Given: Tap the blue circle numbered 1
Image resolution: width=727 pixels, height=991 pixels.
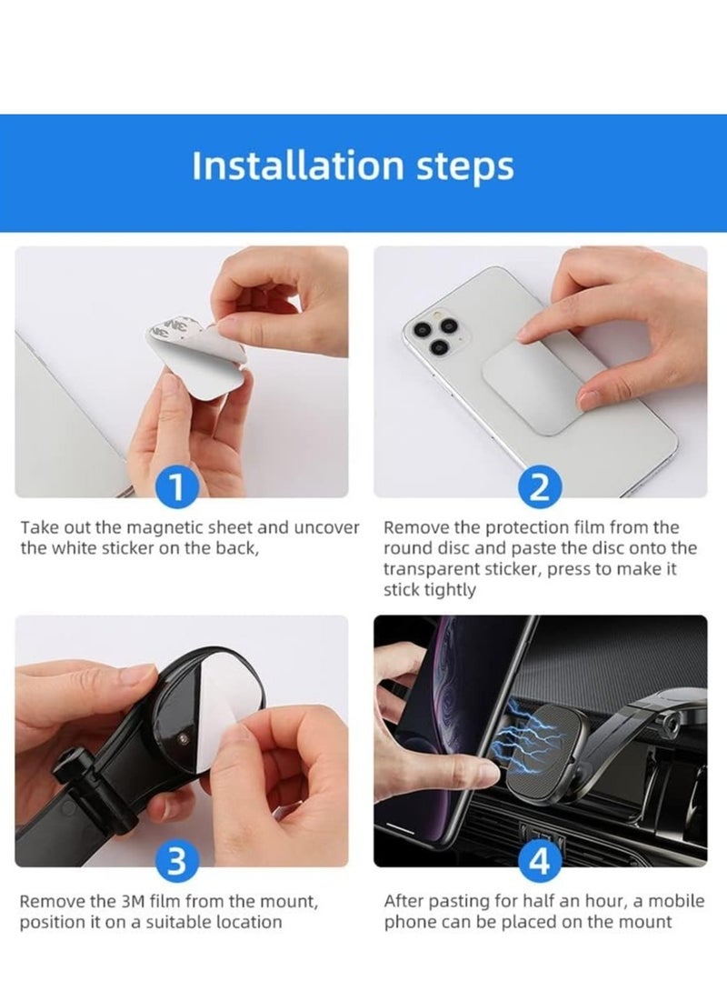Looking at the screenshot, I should [178, 487].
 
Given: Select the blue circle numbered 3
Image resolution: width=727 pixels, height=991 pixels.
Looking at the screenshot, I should [178, 859].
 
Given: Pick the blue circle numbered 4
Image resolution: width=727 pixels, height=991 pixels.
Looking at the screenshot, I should [540, 859].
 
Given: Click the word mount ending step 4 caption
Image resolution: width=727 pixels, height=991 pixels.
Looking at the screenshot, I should [643, 922].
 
